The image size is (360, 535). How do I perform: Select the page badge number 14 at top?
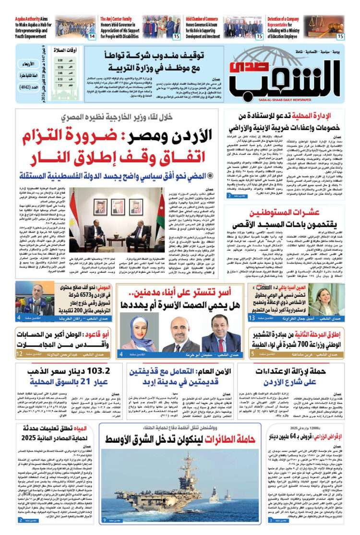[92, 36]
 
